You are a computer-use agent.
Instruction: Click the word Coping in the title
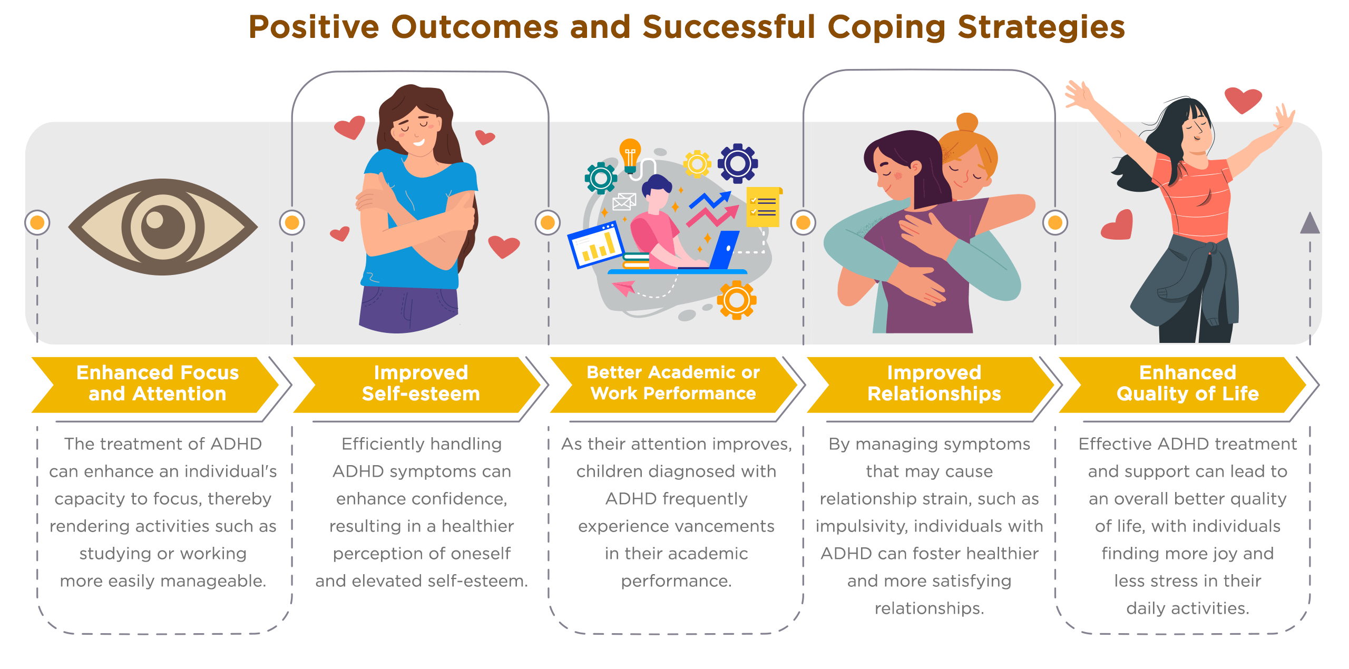click(x=886, y=28)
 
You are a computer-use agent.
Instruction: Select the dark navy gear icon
click(x=738, y=163)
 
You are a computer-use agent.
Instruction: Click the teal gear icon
click(x=601, y=178)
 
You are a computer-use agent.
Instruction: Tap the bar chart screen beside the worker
click(x=596, y=245)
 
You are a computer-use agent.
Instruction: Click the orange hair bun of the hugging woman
click(x=967, y=123)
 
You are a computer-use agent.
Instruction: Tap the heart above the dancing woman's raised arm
click(x=1243, y=100)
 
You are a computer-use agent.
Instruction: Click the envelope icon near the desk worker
click(x=624, y=201)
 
